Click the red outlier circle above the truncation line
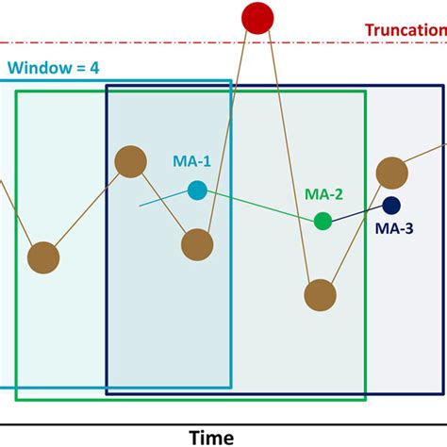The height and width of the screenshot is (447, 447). pos(257,17)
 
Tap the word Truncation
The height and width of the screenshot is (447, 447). pos(405,29)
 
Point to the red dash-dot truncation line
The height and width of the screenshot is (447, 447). pos(141,42)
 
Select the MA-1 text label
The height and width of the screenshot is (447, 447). pos(191,161)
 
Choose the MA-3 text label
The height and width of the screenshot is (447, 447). pos(393,227)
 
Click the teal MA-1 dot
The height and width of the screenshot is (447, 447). pos(196,190)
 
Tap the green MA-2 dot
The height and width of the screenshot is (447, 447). pos(323,221)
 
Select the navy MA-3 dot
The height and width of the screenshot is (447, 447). pos(390,205)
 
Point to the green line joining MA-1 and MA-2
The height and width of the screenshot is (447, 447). pos(259,206)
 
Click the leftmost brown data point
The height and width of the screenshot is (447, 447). pos(43,257)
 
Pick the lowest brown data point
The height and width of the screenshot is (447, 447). pos(320,294)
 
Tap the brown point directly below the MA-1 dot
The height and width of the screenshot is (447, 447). pos(196,245)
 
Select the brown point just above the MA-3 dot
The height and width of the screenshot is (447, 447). pos(390,173)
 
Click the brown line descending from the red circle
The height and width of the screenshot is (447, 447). pos(288,151)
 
